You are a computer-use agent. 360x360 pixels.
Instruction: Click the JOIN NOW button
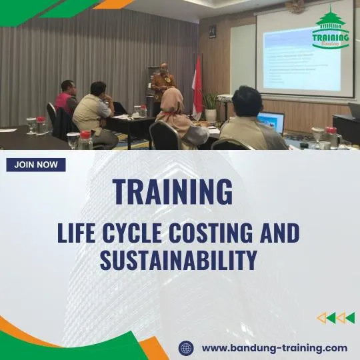(36, 165)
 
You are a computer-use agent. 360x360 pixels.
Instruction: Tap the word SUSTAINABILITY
(179, 260)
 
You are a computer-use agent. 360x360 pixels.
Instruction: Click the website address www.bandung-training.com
(274, 347)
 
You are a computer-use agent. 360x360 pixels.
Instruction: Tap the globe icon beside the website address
(186, 347)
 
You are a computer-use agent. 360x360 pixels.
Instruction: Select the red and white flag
(197, 83)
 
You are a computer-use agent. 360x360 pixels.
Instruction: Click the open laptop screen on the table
(272, 122)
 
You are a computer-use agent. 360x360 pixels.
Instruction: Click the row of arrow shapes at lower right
(335, 318)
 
